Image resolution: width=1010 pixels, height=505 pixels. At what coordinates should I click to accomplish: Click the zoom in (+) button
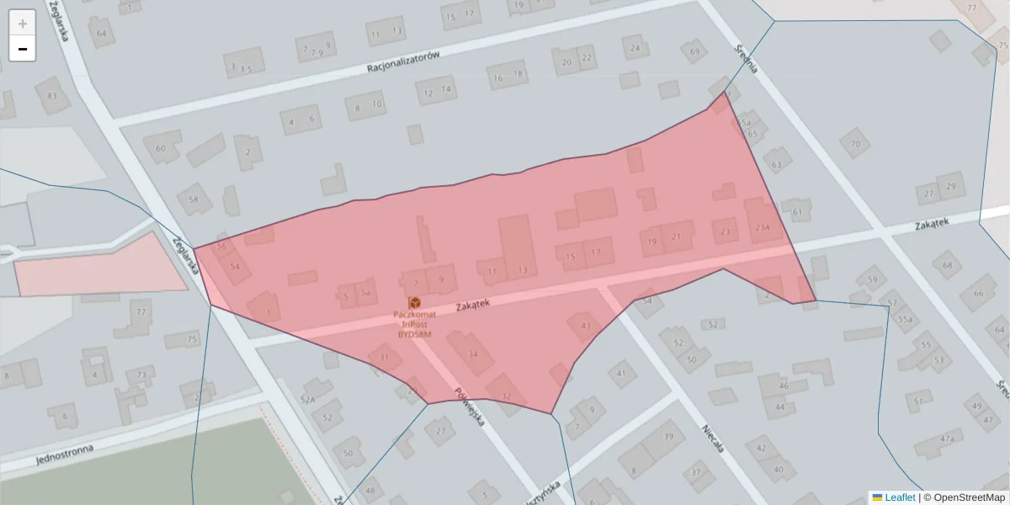[23, 24]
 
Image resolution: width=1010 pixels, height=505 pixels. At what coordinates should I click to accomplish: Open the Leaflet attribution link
[899, 497]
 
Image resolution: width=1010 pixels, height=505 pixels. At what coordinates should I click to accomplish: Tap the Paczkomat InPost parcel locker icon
[414, 302]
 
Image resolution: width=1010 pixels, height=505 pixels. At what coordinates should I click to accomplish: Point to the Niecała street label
[714, 438]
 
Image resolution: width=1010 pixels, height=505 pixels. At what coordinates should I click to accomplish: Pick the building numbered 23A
[763, 227]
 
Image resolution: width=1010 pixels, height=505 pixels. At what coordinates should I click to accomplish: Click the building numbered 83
[52, 96]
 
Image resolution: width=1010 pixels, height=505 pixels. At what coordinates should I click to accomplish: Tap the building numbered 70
[855, 143]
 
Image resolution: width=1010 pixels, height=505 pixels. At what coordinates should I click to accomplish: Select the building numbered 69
[694, 52]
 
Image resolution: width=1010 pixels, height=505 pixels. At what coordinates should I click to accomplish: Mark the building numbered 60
[162, 148]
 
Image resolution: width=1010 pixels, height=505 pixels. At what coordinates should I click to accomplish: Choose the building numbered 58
[194, 199]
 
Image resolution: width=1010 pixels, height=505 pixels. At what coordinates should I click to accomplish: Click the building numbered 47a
[948, 439]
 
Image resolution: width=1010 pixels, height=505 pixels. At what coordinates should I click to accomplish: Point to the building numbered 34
[473, 353]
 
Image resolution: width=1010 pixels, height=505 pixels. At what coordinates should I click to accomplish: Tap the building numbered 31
[385, 358]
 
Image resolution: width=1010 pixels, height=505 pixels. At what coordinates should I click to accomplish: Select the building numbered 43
[585, 326]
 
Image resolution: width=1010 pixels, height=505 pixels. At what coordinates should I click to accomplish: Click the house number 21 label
[676, 237]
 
